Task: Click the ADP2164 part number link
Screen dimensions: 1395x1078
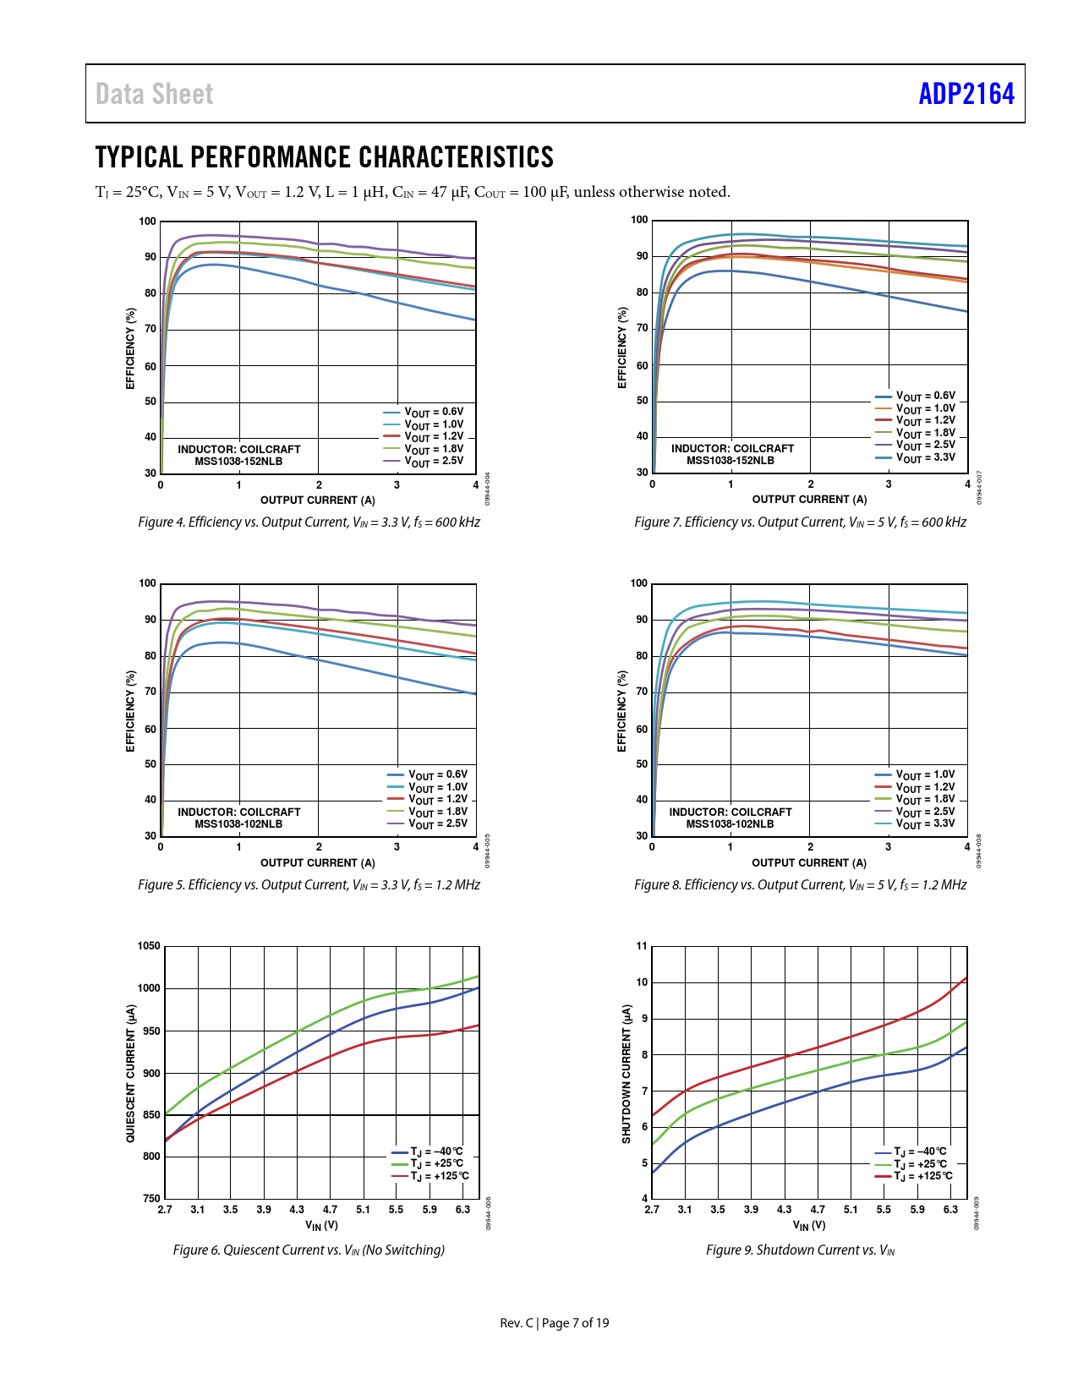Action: [966, 94]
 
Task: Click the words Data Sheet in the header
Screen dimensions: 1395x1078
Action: [154, 94]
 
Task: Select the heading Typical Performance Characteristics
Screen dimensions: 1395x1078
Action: [324, 157]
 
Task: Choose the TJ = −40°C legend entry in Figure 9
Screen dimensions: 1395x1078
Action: [920, 1152]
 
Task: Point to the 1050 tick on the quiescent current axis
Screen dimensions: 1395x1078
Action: [149, 946]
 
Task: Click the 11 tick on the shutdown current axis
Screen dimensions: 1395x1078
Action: [642, 946]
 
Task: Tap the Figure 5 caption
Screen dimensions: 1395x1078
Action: [309, 885]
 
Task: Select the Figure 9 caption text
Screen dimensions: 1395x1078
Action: [800, 1250]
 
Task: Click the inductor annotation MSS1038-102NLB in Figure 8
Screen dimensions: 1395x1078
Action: [730, 823]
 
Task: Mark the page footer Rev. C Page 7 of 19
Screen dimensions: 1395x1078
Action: [554, 1323]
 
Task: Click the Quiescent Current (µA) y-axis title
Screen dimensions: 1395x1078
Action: [131, 1074]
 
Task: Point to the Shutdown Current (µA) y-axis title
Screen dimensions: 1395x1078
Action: [627, 1074]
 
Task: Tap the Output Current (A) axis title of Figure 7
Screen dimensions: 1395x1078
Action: [809, 500]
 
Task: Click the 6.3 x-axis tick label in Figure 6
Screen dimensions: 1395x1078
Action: [462, 1210]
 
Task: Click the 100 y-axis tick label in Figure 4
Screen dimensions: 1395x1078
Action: [148, 222]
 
